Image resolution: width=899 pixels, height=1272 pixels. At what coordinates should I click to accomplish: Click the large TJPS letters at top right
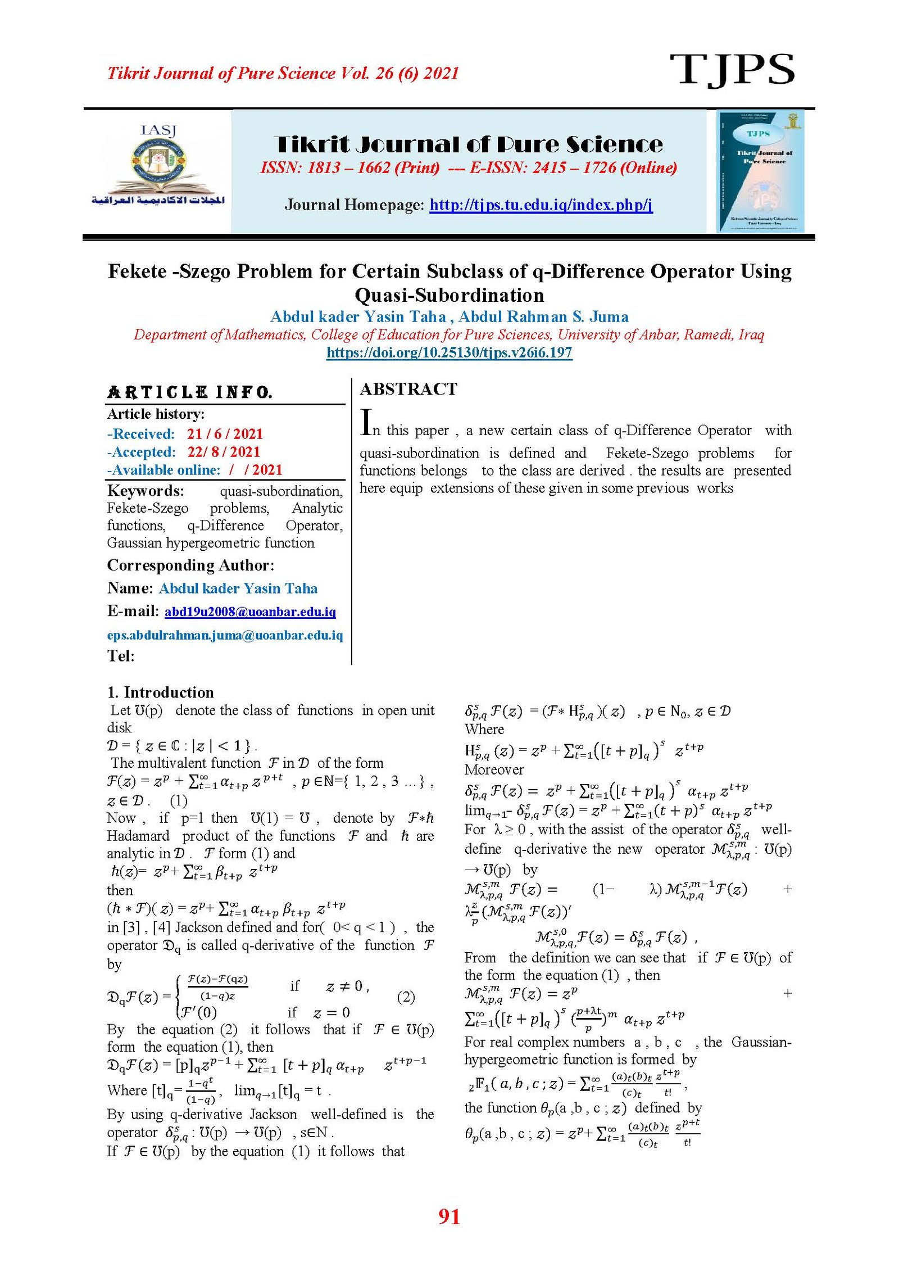click(732, 70)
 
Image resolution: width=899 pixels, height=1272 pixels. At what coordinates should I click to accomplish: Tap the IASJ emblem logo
click(158, 166)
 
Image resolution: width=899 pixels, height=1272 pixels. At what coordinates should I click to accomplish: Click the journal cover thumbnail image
click(760, 171)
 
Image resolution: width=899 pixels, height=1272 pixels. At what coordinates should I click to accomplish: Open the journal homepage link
click(541, 205)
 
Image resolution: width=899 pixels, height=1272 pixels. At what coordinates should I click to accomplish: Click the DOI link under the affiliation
click(449, 353)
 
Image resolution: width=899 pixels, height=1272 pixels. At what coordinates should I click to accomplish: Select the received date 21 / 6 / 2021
click(225, 434)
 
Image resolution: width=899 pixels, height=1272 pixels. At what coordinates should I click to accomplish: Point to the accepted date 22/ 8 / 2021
click(224, 452)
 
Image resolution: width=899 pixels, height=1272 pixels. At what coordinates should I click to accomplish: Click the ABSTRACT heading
click(408, 389)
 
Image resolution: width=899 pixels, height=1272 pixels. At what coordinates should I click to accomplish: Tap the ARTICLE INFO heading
click(190, 392)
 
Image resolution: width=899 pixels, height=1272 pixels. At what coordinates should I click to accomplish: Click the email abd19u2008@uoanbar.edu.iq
click(250, 612)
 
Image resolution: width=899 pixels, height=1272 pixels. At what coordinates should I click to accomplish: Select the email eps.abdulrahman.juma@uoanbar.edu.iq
click(225, 635)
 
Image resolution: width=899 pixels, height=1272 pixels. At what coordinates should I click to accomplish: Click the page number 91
click(449, 1216)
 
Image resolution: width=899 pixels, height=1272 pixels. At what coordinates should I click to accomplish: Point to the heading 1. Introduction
click(161, 692)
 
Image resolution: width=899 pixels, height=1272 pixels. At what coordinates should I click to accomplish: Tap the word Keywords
click(146, 491)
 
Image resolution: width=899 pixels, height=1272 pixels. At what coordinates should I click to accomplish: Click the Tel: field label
click(121, 656)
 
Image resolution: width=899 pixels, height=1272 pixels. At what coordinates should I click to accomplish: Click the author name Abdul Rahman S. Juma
click(543, 317)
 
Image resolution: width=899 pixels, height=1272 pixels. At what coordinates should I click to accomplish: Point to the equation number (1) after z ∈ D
click(178, 800)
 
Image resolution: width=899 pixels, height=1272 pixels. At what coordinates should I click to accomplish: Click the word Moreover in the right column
click(494, 769)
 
